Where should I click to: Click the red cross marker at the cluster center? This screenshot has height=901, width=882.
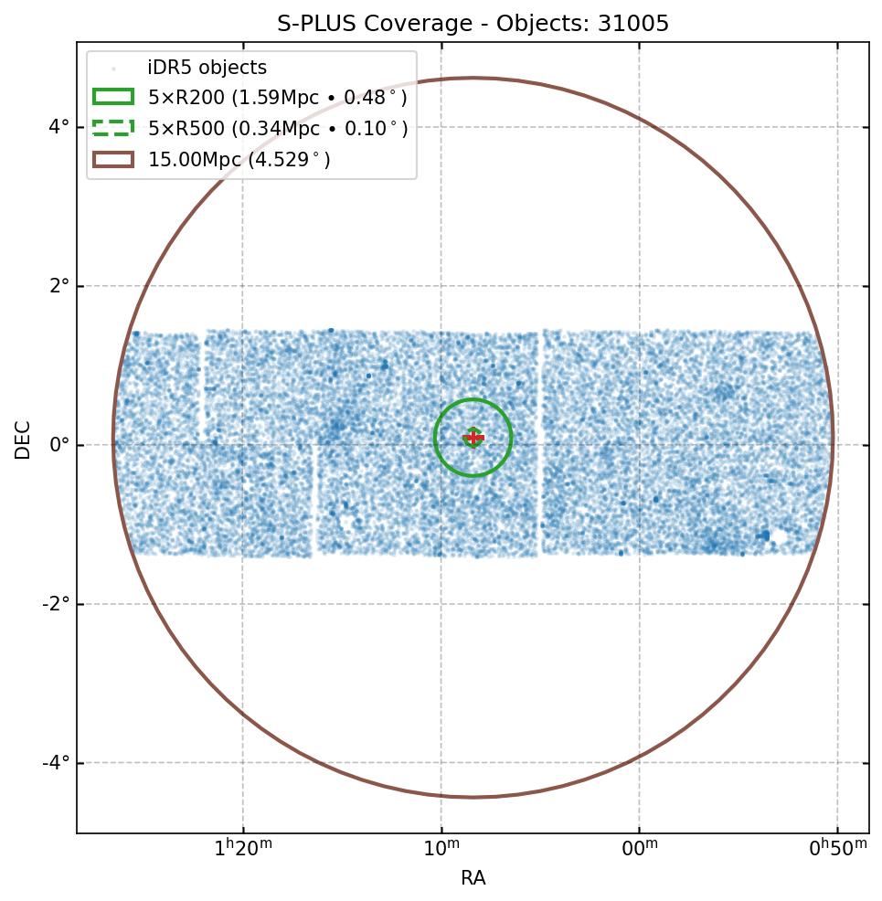[473, 439]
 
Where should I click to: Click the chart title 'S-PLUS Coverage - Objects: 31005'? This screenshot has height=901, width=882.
[473, 24]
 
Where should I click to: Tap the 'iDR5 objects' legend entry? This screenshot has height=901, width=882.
[207, 68]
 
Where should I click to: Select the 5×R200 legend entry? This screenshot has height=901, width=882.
[278, 98]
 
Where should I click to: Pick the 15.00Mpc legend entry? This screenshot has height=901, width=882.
[239, 160]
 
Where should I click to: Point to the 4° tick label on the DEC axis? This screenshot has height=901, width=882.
[58, 126]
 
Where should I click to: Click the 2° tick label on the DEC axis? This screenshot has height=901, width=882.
[58, 286]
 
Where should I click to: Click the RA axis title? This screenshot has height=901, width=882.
[473, 878]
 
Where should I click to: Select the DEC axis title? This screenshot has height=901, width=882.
[23, 440]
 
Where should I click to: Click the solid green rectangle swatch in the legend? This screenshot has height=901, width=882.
[113, 97]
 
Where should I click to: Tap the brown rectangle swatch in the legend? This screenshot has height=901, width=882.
[113, 160]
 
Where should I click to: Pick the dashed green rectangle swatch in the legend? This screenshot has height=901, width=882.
[113, 128]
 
